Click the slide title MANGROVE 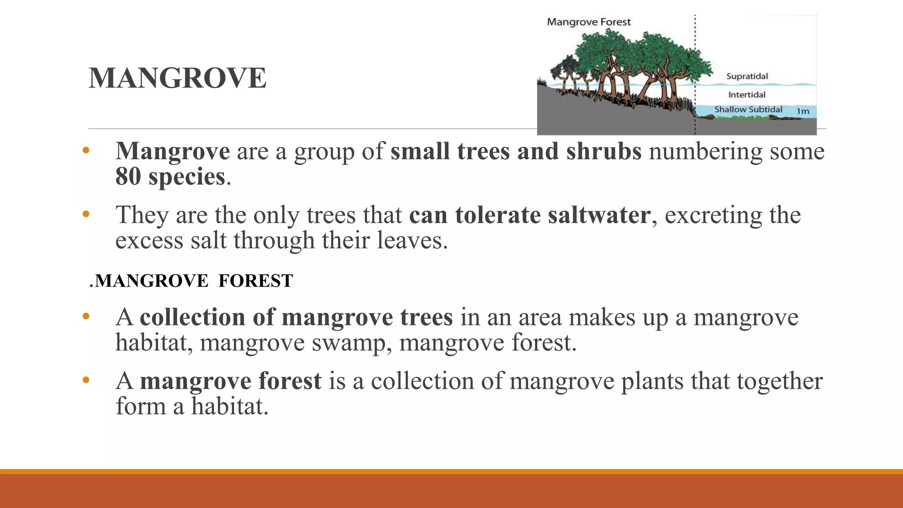click(x=177, y=78)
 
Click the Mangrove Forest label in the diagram click(x=589, y=22)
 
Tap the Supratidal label click(x=747, y=76)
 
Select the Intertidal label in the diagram click(x=746, y=95)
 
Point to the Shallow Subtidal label click(x=748, y=109)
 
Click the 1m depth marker click(x=803, y=112)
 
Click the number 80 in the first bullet click(x=128, y=176)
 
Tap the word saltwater click(x=599, y=215)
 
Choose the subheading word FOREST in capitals click(x=255, y=281)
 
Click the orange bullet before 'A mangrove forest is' click(x=86, y=380)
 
